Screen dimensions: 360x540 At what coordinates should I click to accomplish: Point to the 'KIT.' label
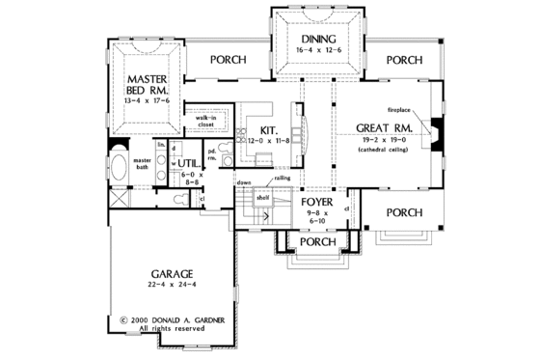[x=269, y=127]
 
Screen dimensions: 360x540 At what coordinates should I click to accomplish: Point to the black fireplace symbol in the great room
[x=436, y=130]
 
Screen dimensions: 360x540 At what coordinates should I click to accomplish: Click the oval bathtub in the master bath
[x=121, y=170]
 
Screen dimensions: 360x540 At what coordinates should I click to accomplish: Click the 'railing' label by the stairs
[x=283, y=178]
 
